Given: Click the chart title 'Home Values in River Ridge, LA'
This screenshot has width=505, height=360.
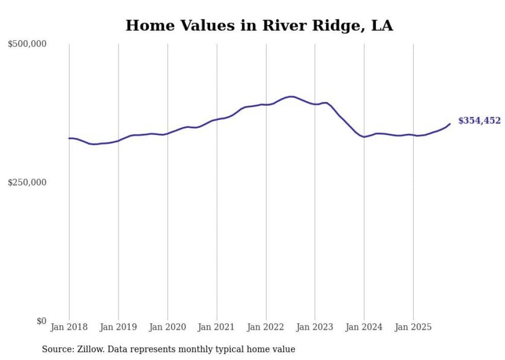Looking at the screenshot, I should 259,25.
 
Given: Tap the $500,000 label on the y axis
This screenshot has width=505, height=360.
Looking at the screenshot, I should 27,44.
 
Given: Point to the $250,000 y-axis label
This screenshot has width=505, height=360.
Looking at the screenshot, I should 27,182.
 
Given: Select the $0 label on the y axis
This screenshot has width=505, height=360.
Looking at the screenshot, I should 41,321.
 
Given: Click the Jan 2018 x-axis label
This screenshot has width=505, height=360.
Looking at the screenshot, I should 69,327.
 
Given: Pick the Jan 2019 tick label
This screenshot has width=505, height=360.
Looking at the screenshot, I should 118,327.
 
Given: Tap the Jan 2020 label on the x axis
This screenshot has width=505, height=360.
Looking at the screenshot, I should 167,327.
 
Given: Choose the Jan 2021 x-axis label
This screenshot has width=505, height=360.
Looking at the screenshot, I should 216,327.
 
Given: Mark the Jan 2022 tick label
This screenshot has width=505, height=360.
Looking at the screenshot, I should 266,327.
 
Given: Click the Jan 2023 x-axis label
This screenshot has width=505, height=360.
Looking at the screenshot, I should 315,327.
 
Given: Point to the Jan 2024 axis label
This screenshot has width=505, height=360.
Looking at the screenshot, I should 364,327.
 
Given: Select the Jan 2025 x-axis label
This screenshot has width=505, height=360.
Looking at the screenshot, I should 413,327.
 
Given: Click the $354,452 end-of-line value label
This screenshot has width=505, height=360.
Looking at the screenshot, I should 479,121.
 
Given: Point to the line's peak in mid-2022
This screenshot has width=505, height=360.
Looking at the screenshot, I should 291,96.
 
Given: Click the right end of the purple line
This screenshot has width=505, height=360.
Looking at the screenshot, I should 450,124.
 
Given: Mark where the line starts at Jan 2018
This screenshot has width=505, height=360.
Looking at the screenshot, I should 69,138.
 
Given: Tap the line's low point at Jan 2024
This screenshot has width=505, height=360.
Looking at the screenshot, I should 364,137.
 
